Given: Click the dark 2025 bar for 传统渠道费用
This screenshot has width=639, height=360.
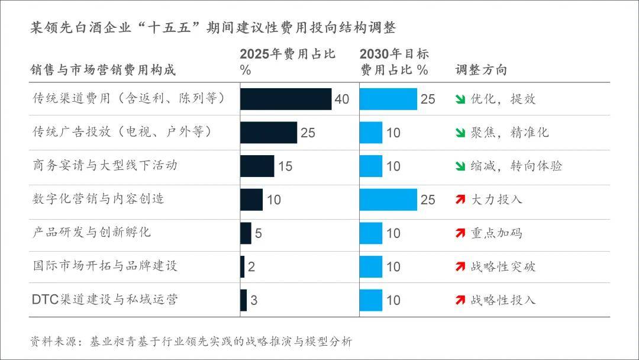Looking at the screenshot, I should (x=286, y=99).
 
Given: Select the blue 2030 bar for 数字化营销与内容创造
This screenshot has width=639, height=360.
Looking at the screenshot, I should (x=388, y=200).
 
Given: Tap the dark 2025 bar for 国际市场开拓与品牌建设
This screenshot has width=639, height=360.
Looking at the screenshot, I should (x=243, y=266).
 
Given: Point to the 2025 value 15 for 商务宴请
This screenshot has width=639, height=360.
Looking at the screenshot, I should (x=285, y=166).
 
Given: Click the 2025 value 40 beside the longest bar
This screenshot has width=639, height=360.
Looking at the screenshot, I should (x=341, y=99).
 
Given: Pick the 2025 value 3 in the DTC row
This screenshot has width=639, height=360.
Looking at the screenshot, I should (x=254, y=300).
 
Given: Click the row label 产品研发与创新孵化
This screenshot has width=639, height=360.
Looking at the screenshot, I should (x=92, y=232).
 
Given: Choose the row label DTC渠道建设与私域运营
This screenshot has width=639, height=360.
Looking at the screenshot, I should (x=105, y=300).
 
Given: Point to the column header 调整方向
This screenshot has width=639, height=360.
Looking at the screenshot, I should (x=481, y=70).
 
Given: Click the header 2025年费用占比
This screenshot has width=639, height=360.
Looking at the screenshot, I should (x=288, y=54).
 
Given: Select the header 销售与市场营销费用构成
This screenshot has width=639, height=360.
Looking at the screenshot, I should (x=104, y=70).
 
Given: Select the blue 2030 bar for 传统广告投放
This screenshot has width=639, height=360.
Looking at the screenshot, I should (x=371, y=132).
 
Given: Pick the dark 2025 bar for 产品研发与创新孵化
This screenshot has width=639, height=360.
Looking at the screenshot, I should (x=246, y=233).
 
